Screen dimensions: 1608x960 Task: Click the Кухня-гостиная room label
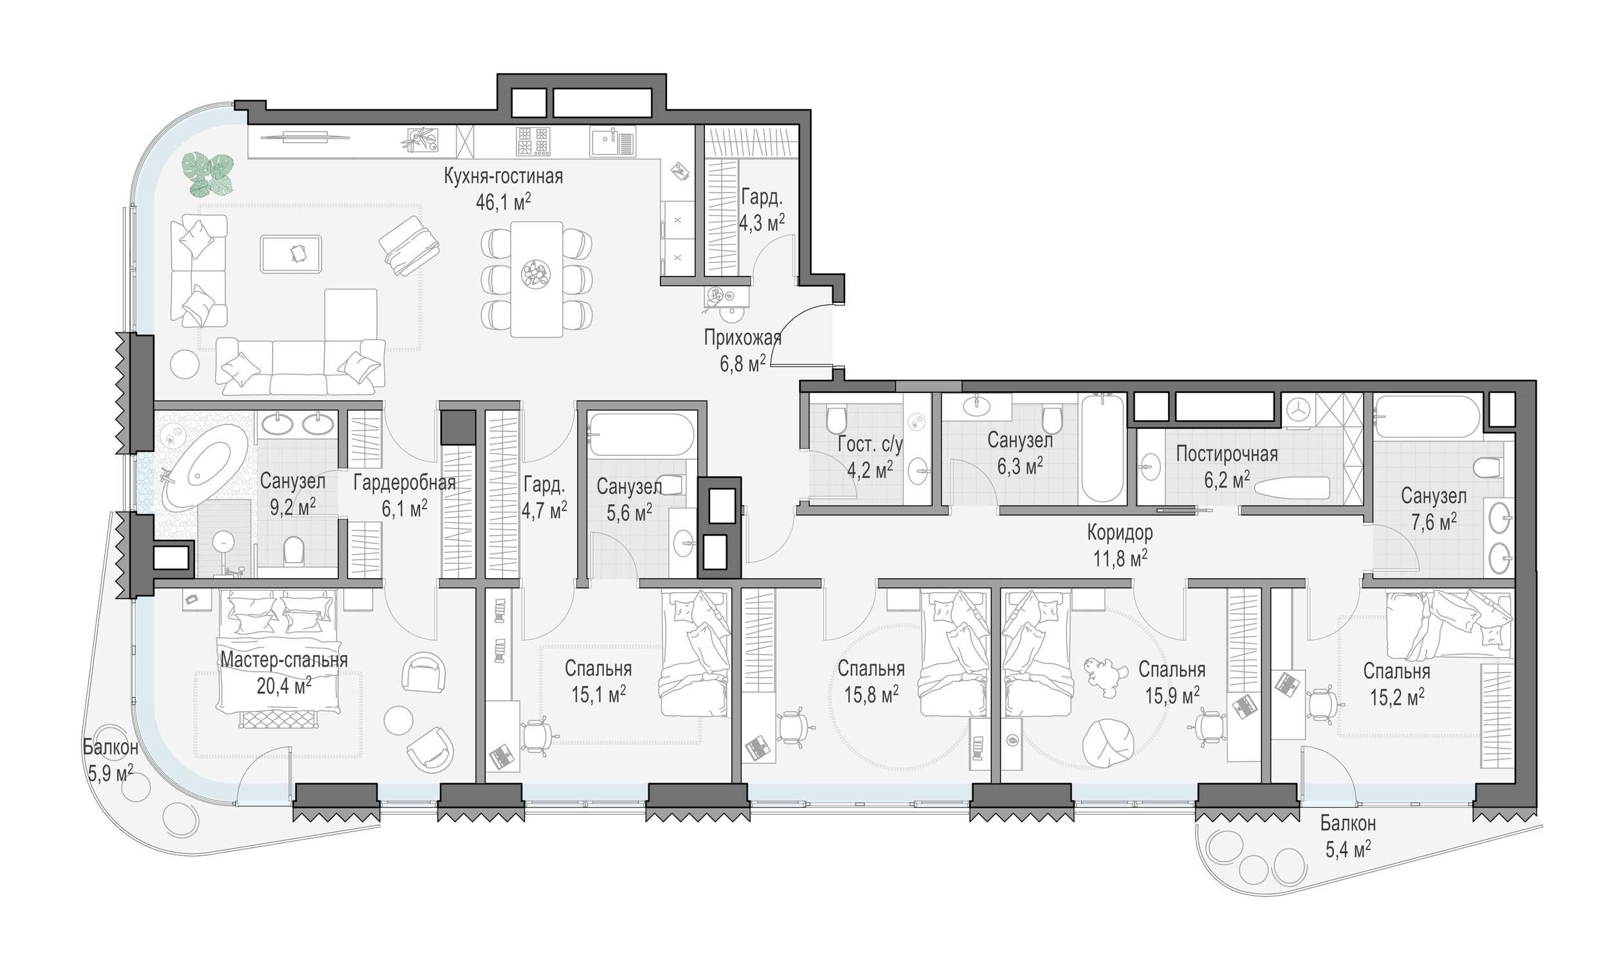[x=503, y=176]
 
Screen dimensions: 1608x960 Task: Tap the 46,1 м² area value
[x=504, y=203]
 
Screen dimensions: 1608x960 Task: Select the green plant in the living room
[x=207, y=175]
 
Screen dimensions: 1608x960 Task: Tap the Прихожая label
[x=742, y=338]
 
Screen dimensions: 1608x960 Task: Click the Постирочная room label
[x=1227, y=453]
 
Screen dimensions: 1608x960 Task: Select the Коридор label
[x=1120, y=532]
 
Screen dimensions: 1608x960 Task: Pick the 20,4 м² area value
[x=284, y=684]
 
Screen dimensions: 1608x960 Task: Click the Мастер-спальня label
[x=284, y=659]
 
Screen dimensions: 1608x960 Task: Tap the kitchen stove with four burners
[x=533, y=141]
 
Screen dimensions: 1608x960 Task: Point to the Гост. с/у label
[x=870, y=444]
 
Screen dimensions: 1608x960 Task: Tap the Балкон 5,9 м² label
[x=110, y=760]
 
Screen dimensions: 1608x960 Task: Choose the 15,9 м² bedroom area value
[x=1173, y=695]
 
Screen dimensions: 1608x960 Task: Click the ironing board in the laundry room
[x=1291, y=488]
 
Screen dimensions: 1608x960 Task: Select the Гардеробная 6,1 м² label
[x=405, y=496]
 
